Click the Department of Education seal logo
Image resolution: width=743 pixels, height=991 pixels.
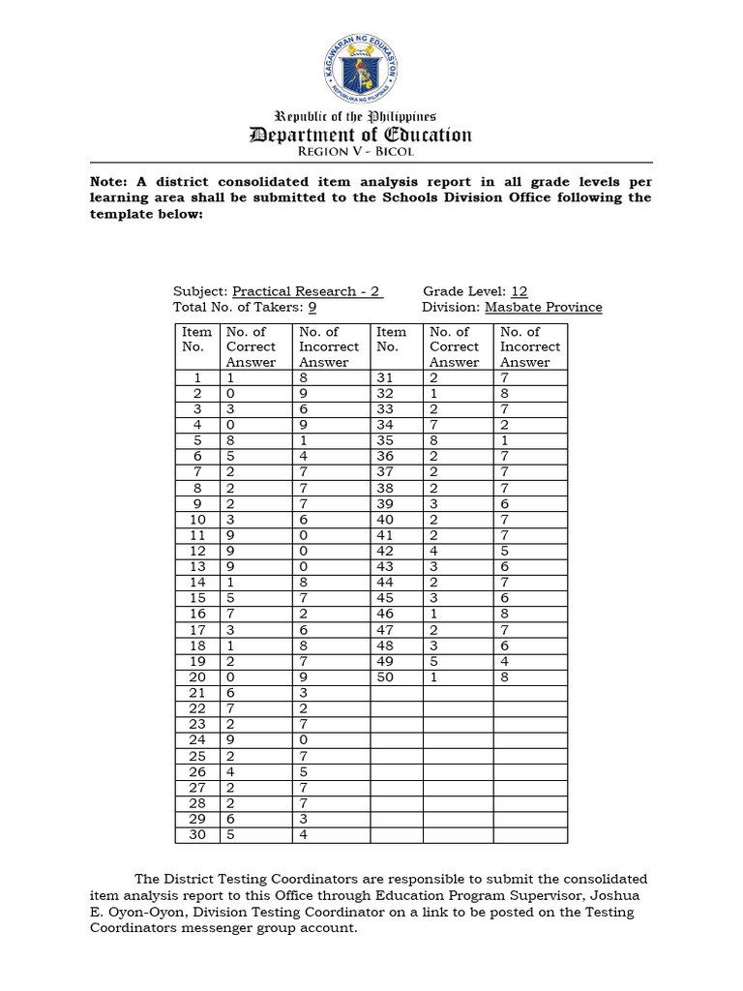(360, 73)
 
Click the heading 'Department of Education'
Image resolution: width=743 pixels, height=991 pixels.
(360, 135)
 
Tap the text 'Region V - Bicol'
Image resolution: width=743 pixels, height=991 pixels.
(360, 153)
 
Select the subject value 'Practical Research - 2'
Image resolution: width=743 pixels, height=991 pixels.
(308, 291)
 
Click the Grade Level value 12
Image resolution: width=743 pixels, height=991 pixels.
(519, 291)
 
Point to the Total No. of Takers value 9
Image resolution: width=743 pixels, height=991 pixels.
(312, 308)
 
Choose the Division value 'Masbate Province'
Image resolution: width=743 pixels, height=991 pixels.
(543, 308)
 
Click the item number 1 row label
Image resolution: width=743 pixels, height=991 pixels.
(197, 378)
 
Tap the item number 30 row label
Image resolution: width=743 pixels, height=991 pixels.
(197, 835)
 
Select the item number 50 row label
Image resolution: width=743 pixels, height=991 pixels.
(386, 677)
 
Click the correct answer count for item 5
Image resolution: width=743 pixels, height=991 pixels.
(230, 441)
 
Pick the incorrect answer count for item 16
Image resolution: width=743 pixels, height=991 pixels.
(303, 615)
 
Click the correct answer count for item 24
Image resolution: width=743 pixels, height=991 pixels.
(230, 740)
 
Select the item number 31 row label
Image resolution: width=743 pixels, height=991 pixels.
(386, 378)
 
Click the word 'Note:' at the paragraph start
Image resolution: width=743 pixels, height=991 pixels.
(109, 182)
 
